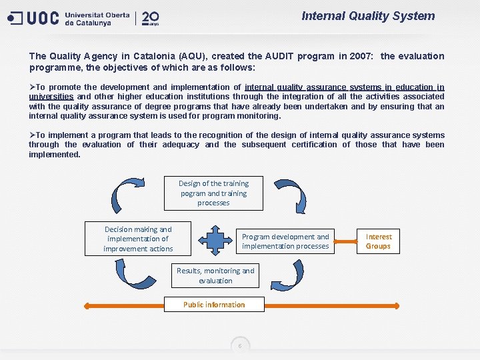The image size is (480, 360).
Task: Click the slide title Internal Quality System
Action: click(368, 16)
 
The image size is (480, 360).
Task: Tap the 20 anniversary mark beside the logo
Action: click(150, 17)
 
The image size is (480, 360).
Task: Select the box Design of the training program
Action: click(213, 193)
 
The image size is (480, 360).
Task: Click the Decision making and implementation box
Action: click(138, 239)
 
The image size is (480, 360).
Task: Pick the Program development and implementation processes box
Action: click(285, 241)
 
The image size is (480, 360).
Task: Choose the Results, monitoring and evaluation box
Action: click(215, 275)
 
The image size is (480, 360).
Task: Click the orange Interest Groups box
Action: click(379, 241)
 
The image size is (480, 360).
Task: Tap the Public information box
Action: click(214, 305)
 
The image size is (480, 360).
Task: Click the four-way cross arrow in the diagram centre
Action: click(215, 239)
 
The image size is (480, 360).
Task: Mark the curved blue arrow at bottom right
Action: click(291, 274)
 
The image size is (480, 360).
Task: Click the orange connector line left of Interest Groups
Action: click(346, 237)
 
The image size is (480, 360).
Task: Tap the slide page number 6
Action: click(240, 345)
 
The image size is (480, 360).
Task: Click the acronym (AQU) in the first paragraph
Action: click(189, 56)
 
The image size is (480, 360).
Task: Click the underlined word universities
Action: click(51, 97)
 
